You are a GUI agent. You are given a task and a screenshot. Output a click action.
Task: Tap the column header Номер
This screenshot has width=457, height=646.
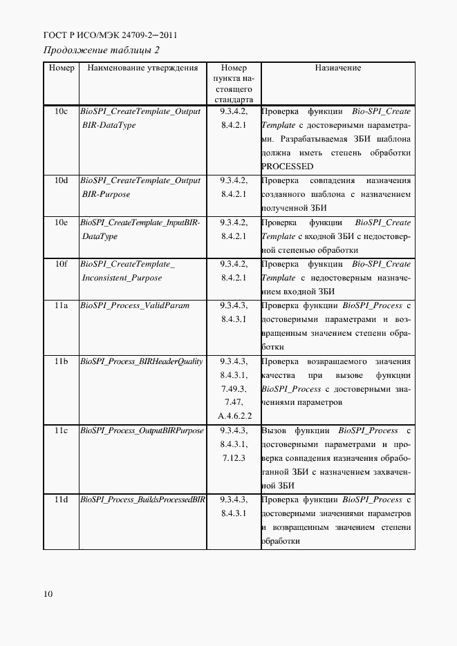coord(62,68)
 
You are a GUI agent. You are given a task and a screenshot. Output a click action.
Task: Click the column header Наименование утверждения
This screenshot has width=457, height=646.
coord(143,68)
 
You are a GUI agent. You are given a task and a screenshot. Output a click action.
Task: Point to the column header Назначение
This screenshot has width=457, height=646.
coord(337,68)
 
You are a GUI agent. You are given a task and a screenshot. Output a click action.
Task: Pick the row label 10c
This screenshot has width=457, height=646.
coord(62,111)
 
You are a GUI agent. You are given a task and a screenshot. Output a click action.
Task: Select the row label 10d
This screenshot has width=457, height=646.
coord(62,180)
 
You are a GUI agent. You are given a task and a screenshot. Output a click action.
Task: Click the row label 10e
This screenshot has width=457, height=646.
coord(62,222)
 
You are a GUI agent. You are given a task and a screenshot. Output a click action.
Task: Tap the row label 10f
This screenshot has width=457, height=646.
coord(62,264)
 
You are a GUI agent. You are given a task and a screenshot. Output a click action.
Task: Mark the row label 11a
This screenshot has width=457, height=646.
coord(62,305)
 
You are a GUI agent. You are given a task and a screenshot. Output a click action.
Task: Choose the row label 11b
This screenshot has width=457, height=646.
coord(62,361)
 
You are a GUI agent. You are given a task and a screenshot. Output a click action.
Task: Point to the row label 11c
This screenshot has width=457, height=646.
coord(62,430)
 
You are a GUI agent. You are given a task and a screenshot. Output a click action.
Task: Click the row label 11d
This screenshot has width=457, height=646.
coord(62,500)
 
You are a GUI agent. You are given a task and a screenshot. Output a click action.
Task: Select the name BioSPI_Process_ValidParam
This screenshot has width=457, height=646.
coord(135,305)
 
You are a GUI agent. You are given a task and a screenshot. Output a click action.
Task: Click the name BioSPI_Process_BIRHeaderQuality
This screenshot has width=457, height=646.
coord(142,361)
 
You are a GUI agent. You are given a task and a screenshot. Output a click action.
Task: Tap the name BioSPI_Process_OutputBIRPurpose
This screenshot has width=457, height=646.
coord(142,430)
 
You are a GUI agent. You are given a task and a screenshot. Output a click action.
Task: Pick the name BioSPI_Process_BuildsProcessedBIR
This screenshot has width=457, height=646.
coord(142,500)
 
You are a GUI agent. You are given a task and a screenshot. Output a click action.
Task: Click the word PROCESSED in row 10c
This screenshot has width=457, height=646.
coord(288,167)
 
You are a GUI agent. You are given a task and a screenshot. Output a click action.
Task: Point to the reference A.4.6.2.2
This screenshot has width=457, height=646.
coord(234,416)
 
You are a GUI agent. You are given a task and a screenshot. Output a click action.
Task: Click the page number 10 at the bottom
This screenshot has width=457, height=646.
coord(48,593)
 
